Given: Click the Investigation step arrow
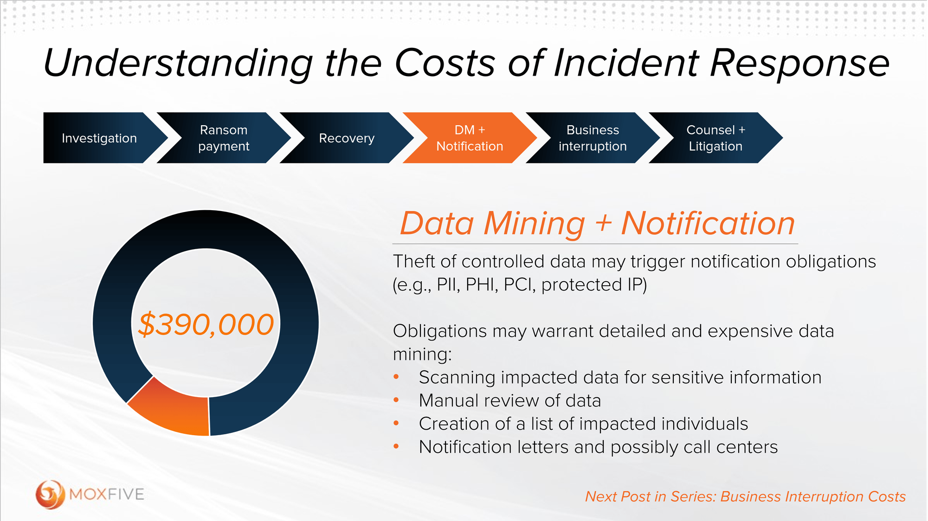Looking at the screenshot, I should (x=99, y=138).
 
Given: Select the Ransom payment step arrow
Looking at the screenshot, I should (x=224, y=138).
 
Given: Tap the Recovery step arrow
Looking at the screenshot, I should (x=347, y=138).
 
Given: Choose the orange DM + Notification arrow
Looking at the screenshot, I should (x=470, y=138).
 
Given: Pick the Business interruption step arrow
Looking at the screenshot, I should (x=593, y=138).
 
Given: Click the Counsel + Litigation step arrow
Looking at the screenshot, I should (x=715, y=138).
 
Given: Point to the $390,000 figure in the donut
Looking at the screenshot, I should (x=206, y=324).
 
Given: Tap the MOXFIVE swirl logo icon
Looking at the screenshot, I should (x=50, y=494).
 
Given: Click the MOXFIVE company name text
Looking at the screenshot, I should (x=107, y=495).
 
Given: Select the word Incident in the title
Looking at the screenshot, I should (x=626, y=63).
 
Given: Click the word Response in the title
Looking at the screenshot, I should (x=799, y=63).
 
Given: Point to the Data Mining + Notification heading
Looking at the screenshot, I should (x=597, y=224).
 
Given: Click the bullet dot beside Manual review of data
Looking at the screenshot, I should (x=396, y=400).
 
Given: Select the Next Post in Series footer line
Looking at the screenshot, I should (x=745, y=496).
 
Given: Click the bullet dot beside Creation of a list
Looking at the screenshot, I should (x=396, y=423).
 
